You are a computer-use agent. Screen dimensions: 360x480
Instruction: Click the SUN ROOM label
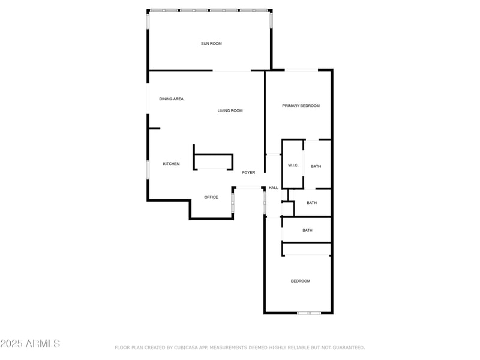click(x=211, y=43)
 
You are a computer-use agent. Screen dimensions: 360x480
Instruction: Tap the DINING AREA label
click(x=172, y=99)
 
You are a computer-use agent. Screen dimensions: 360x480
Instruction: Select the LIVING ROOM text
click(x=230, y=110)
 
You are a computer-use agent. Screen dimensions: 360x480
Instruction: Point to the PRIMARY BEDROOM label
click(x=301, y=106)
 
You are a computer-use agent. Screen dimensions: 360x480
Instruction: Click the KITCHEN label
click(x=172, y=164)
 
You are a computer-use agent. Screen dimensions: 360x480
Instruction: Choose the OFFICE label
click(x=211, y=197)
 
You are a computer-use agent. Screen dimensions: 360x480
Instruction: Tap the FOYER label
click(x=248, y=173)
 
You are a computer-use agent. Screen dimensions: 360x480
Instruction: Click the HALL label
click(x=274, y=188)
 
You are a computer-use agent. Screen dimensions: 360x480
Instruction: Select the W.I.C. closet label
click(x=293, y=166)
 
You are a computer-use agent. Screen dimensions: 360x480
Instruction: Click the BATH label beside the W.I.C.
click(x=316, y=166)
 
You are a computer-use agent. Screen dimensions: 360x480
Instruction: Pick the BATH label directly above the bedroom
click(x=307, y=230)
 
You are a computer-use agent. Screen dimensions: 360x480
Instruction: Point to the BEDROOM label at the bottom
click(x=301, y=281)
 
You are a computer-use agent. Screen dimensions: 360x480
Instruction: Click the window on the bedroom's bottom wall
click(x=309, y=313)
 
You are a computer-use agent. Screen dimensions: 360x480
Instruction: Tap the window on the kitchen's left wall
click(x=148, y=169)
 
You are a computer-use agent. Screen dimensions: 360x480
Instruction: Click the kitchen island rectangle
click(x=213, y=162)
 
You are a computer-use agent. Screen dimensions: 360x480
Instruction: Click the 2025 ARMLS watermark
click(x=30, y=344)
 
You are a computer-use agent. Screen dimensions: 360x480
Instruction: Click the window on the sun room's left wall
click(x=148, y=22)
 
